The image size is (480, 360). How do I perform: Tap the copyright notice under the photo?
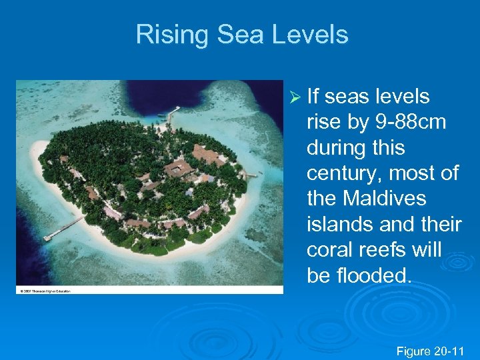click(x=44, y=290)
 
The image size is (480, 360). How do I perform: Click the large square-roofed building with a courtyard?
click(x=178, y=167)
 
